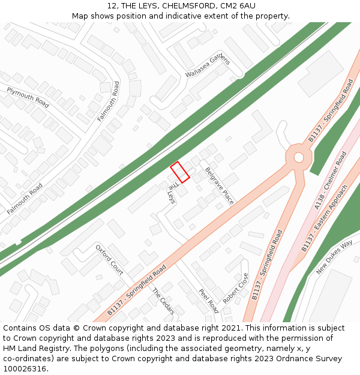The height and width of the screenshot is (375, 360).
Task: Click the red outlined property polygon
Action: pyautogui.click(x=180, y=172)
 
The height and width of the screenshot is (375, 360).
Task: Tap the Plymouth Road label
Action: pyautogui.click(x=28, y=97)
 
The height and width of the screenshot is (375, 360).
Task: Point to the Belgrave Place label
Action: pyautogui.click(x=219, y=186)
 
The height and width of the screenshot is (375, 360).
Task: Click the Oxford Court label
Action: pyautogui.click(x=109, y=260)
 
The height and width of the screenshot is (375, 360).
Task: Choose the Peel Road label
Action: pyautogui.click(x=208, y=301)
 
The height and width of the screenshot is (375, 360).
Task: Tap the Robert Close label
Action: pyautogui.click(x=235, y=289)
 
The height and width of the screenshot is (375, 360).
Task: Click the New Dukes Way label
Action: pyautogui.click(x=334, y=257)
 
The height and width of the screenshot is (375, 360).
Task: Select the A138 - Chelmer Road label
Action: pyautogui.click(x=331, y=181)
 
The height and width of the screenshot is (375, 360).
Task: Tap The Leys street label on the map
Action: pyautogui.click(x=172, y=192)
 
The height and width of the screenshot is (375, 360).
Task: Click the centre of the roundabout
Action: pyautogui.click(x=298, y=157)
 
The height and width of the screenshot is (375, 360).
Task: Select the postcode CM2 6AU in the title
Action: pyautogui.click(x=238, y=5)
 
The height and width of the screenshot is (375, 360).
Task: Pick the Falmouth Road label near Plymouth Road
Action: pyautogui.click(x=109, y=101)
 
